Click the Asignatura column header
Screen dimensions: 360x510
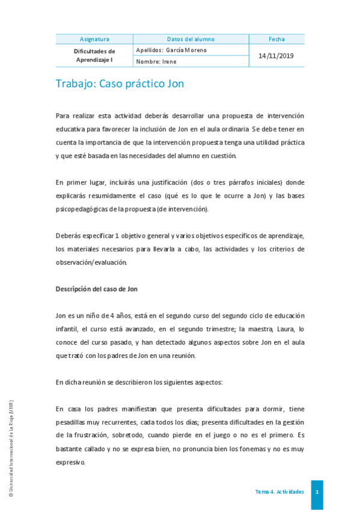pyautogui.click(x=94, y=39)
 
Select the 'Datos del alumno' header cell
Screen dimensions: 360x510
pyautogui.click(x=191, y=39)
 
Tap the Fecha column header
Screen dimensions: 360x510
pyautogui.click(x=276, y=39)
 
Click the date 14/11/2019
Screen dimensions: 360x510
pyautogui.click(x=276, y=55)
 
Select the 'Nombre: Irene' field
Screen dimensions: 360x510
pyautogui.click(x=156, y=61)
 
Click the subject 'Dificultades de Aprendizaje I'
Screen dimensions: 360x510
pyautogui.click(x=94, y=55)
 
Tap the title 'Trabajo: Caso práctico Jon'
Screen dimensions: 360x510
pyautogui.click(x=120, y=84)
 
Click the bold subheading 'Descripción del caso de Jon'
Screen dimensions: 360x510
pyautogui.click(x=96, y=289)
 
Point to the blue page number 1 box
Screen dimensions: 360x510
pyautogui.click(x=317, y=492)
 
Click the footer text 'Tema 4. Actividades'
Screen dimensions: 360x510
pyautogui.click(x=279, y=492)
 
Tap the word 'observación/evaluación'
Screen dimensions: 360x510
pyautogui.click(x=91, y=262)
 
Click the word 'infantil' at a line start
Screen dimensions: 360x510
pyautogui.click(x=66, y=329)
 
